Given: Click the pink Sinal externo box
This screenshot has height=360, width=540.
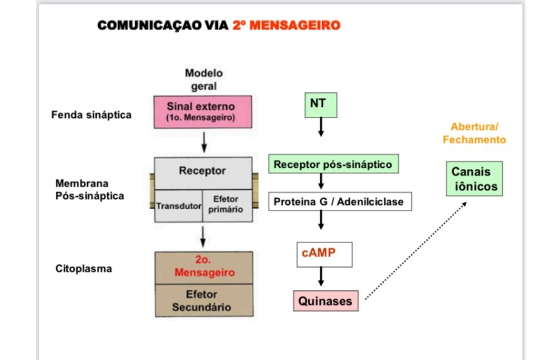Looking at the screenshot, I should (203, 112).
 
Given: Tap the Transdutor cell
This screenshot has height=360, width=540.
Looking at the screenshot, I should (178, 206).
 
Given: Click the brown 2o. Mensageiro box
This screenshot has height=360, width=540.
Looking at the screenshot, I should (204, 268).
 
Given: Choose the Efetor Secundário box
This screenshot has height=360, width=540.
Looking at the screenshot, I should (204, 301).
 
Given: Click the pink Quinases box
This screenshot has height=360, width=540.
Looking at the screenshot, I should (325, 301).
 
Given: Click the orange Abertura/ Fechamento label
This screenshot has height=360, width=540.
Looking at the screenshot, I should (474, 133).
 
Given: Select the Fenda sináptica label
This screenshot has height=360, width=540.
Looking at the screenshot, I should (92, 115).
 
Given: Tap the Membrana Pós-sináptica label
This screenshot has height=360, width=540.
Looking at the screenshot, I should (90, 190).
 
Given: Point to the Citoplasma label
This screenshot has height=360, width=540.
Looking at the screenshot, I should (84, 268).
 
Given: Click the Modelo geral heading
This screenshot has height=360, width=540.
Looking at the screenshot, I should (203, 79).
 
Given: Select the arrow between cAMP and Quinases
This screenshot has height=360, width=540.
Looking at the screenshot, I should (321, 277).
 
